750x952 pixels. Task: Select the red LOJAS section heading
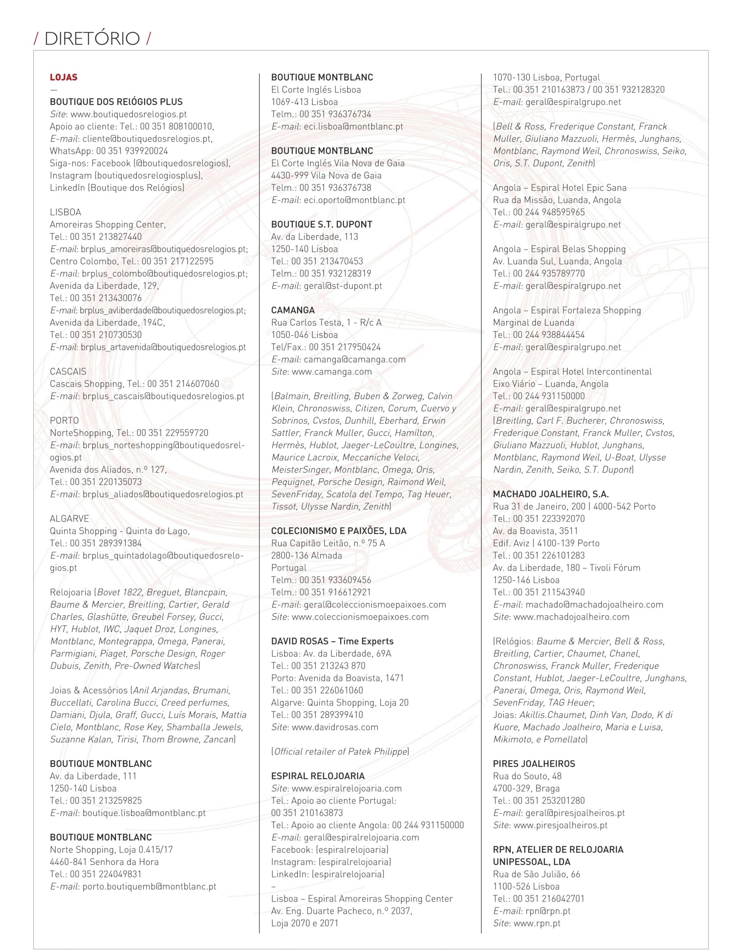click(x=64, y=77)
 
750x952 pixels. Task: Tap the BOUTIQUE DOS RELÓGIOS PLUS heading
click(x=116, y=102)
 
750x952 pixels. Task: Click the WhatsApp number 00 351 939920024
click(x=132, y=151)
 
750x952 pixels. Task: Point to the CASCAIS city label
click(x=68, y=372)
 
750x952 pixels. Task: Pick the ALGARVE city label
click(x=69, y=519)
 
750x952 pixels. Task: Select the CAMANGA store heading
click(x=293, y=310)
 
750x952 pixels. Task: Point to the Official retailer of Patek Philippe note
click(x=340, y=752)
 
